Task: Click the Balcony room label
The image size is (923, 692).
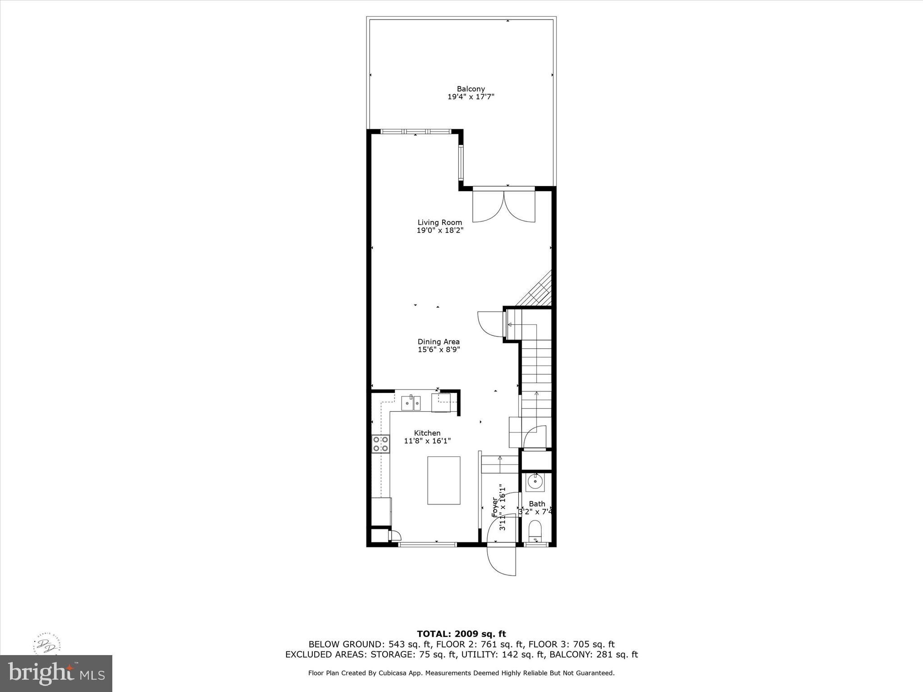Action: point(471,89)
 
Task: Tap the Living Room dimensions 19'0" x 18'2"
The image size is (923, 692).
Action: point(440,230)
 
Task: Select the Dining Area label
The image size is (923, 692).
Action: point(439,342)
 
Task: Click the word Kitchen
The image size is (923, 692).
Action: point(427,433)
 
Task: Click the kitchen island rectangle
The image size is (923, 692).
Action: point(444,480)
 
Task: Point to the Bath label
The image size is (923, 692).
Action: point(537,504)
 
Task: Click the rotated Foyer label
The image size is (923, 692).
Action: point(495,507)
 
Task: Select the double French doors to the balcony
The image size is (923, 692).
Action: point(503,206)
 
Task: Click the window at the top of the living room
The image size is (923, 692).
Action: point(415,132)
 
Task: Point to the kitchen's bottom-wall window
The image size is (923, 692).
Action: point(427,545)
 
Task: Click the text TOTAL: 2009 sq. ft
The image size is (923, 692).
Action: point(461,634)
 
